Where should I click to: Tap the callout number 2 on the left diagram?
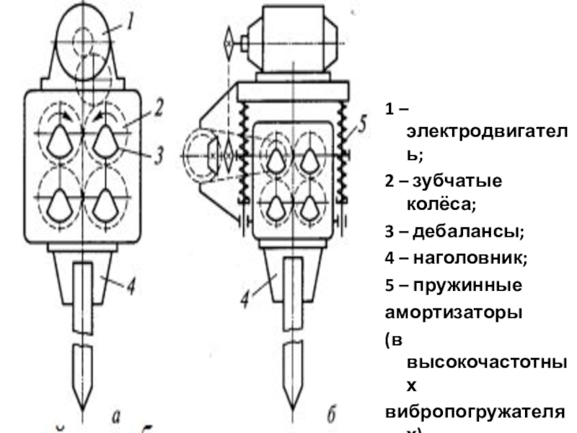158,110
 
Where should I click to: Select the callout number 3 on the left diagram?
158,153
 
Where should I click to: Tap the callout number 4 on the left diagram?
130,287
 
